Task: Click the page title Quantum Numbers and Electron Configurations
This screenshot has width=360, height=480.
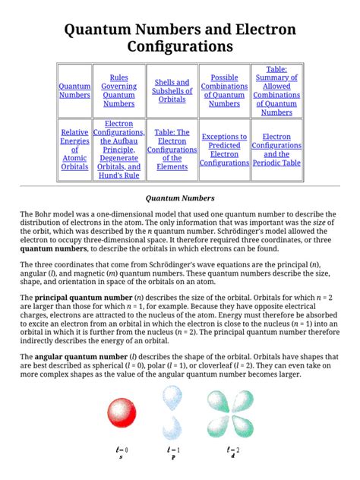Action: pyautogui.click(x=180, y=38)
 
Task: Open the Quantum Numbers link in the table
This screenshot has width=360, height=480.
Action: pyautogui.click(x=74, y=90)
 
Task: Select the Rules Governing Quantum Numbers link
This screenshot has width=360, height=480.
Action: pyautogui.click(x=118, y=90)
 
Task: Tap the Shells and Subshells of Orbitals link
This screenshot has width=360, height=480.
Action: pyautogui.click(x=172, y=90)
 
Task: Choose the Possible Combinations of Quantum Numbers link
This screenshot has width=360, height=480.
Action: pyautogui.click(x=224, y=90)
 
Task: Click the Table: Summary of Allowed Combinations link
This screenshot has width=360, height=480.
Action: pyautogui.click(x=276, y=90)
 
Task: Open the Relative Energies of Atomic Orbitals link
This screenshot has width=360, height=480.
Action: pyautogui.click(x=74, y=150)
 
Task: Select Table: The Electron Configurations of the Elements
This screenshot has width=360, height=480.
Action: pyautogui.click(x=172, y=150)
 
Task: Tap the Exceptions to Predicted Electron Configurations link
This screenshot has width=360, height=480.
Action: pyautogui.click(x=224, y=150)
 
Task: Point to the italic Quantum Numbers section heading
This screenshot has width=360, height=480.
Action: pyautogui.click(x=180, y=198)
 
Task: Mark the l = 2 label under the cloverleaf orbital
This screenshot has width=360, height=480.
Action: pyautogui.click(x=232, y=451)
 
